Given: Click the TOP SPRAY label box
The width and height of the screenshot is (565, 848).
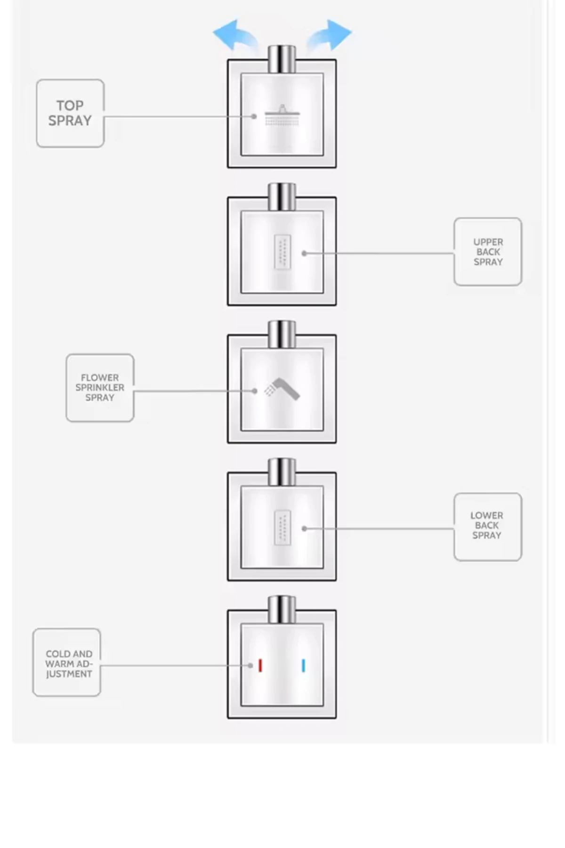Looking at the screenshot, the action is [70, 113].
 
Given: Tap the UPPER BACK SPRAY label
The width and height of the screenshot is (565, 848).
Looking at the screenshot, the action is [488, 252].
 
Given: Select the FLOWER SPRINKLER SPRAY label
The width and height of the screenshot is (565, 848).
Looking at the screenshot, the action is [100, 388].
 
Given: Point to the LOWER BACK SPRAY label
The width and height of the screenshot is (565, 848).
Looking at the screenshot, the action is [488, 527].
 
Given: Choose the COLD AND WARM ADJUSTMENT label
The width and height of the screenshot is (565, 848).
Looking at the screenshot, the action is [67, 662].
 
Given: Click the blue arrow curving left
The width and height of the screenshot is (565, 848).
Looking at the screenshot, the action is [235, 35].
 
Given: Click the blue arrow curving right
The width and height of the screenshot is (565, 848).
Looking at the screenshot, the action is [329, 35].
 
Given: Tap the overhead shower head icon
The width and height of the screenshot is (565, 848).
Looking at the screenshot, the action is [282, 115].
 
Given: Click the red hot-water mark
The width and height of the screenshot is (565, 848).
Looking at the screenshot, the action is [260, 665].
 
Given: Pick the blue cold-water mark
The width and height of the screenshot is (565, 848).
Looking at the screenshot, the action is [303, 665].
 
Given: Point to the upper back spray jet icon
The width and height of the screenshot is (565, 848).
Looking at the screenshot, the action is [282, 252].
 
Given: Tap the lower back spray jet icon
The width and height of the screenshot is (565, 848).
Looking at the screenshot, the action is [282, 528].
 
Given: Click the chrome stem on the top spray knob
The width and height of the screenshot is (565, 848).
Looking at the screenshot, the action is [282, 59].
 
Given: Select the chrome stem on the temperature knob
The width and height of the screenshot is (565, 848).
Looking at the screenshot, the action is [282, 610].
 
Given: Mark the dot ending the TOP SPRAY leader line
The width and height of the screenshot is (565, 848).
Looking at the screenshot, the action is [254, 116].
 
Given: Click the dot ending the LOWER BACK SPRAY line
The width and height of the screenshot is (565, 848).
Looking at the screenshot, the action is [305, 529].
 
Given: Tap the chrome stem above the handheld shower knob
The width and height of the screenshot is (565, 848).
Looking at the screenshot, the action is [282, 334].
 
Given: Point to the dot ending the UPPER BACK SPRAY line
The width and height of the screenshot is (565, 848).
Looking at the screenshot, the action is [305, 253].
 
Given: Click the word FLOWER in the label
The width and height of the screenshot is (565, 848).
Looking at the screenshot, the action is [100, 378].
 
